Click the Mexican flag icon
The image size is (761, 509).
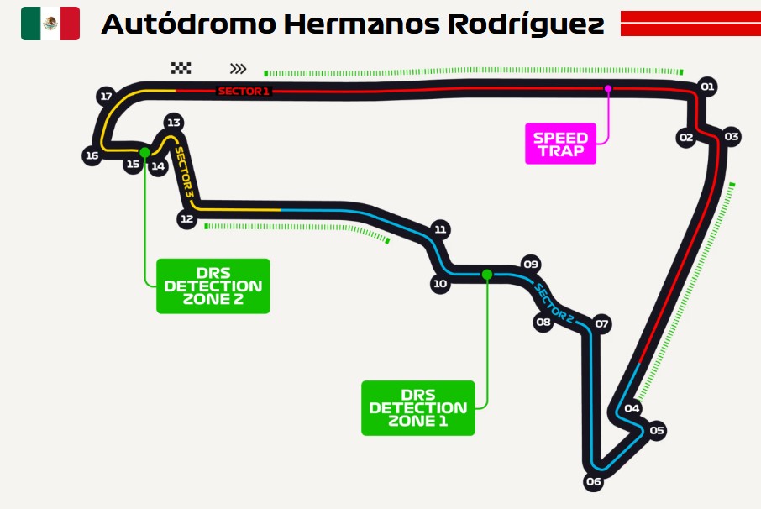pyautogui.click(x=50, y=24)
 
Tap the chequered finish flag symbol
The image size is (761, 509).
pyautogui.click(x=181, y=68)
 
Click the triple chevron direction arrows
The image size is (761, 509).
pyautogui.click(x=238, y=68)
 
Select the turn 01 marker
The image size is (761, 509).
pyautogui.click(x=707, y=87)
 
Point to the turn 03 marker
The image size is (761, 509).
pyautogui.click(x=732, y=137)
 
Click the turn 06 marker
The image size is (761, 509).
pyautogui.click(x=593, y=481)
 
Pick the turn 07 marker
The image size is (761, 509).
pyautogui.click(x=601, y=323)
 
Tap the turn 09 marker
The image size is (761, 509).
pyautogui.click(x=531, y=264)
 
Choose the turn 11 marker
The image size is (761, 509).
pyautogui.click(x=440, y=229)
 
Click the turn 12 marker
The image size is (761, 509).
pyautogui.click(x=186, y=219)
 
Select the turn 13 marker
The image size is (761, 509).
pyautogui.click(x=173, y=123)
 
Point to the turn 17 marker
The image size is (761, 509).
pyautogui.click(x=106, y=96)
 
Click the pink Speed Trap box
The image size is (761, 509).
pyautogui.click(x=560, y=144)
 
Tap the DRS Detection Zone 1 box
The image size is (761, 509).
pyautogui.click(x=417, y=408)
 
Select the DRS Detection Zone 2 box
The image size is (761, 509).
pyautogui.click(x=213, y=286)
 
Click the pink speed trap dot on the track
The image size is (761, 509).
pyautogui.click(x=607, y=88)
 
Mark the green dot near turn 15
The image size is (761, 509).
pyautogui.click(x=144, y=152)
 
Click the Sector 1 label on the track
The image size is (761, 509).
pyautogui.click(x=243, y=91)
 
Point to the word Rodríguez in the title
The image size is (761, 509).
pyautogui.click(x=526, y=24)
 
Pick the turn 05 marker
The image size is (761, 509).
pyautogui.click(x=656, y=430)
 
